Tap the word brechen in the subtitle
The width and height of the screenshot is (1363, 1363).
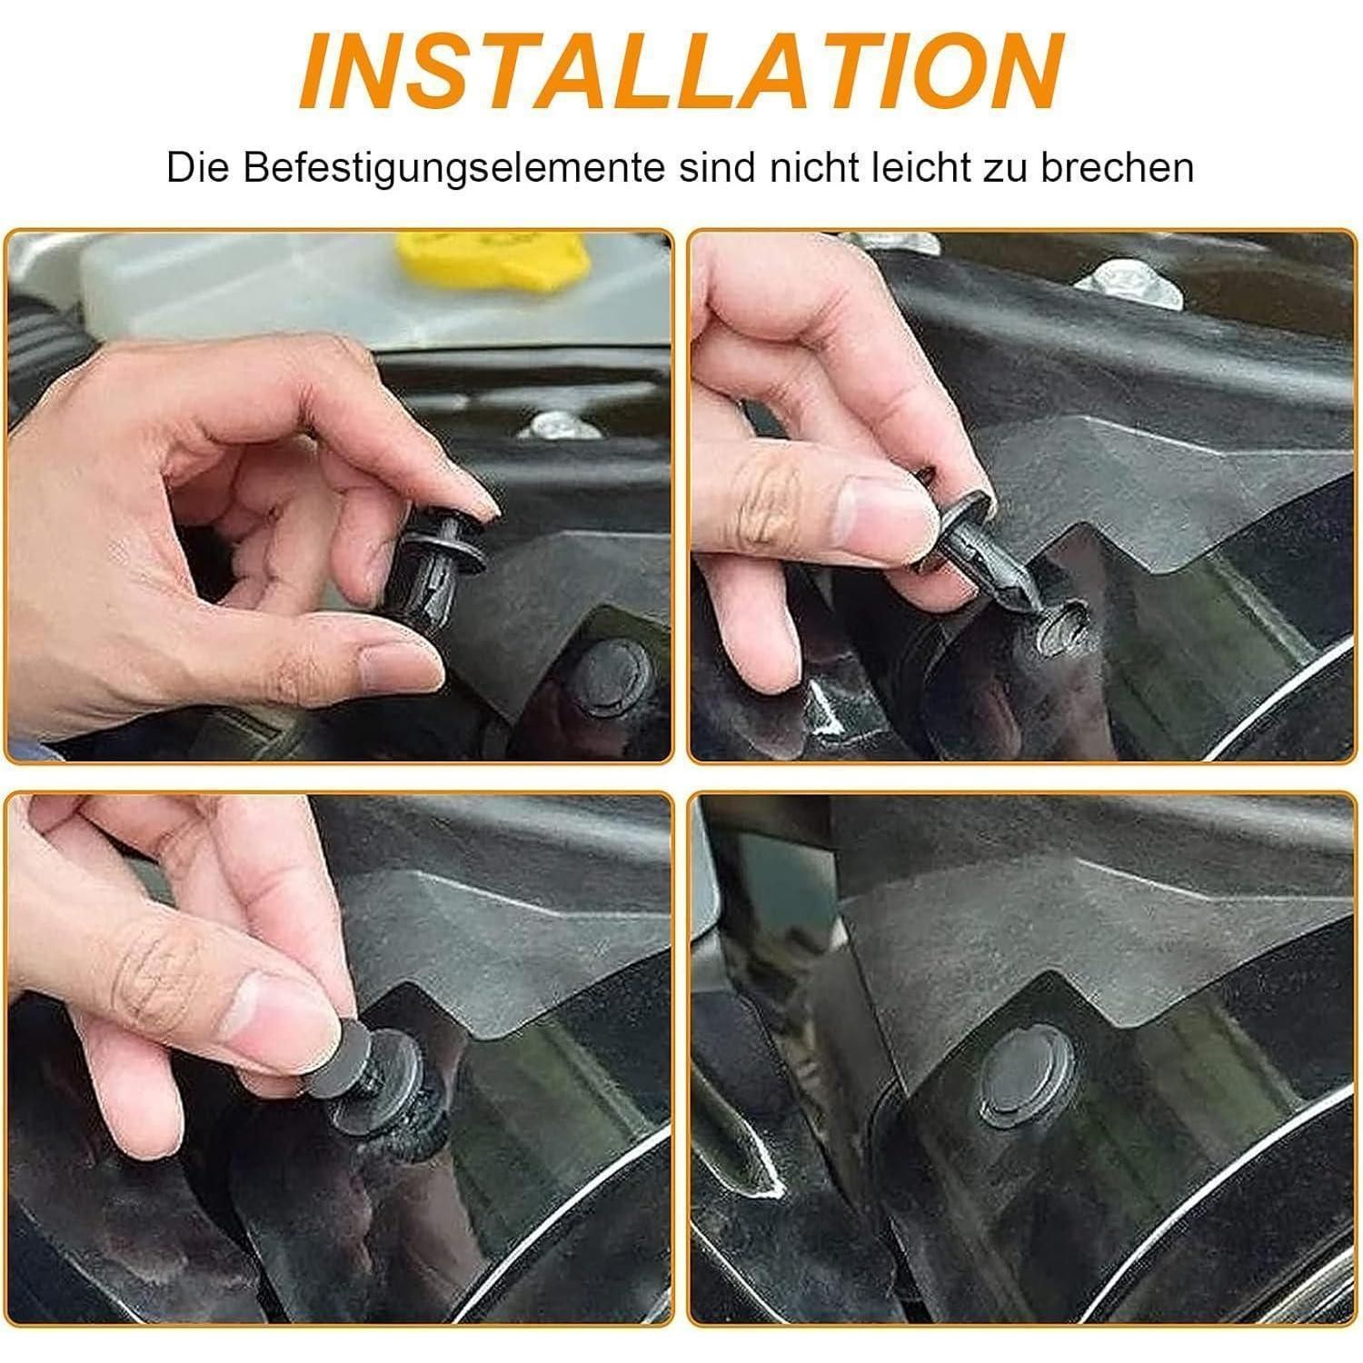1118,169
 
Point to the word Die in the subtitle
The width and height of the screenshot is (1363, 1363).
198,169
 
